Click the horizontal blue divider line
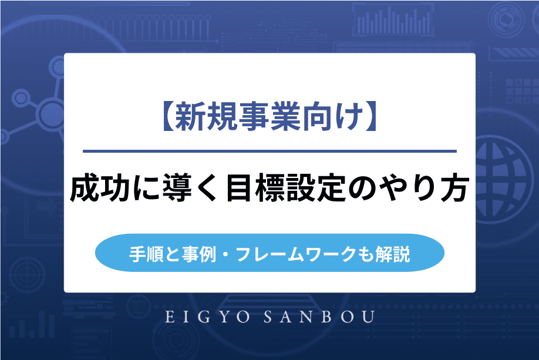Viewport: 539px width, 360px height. (269, 152)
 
